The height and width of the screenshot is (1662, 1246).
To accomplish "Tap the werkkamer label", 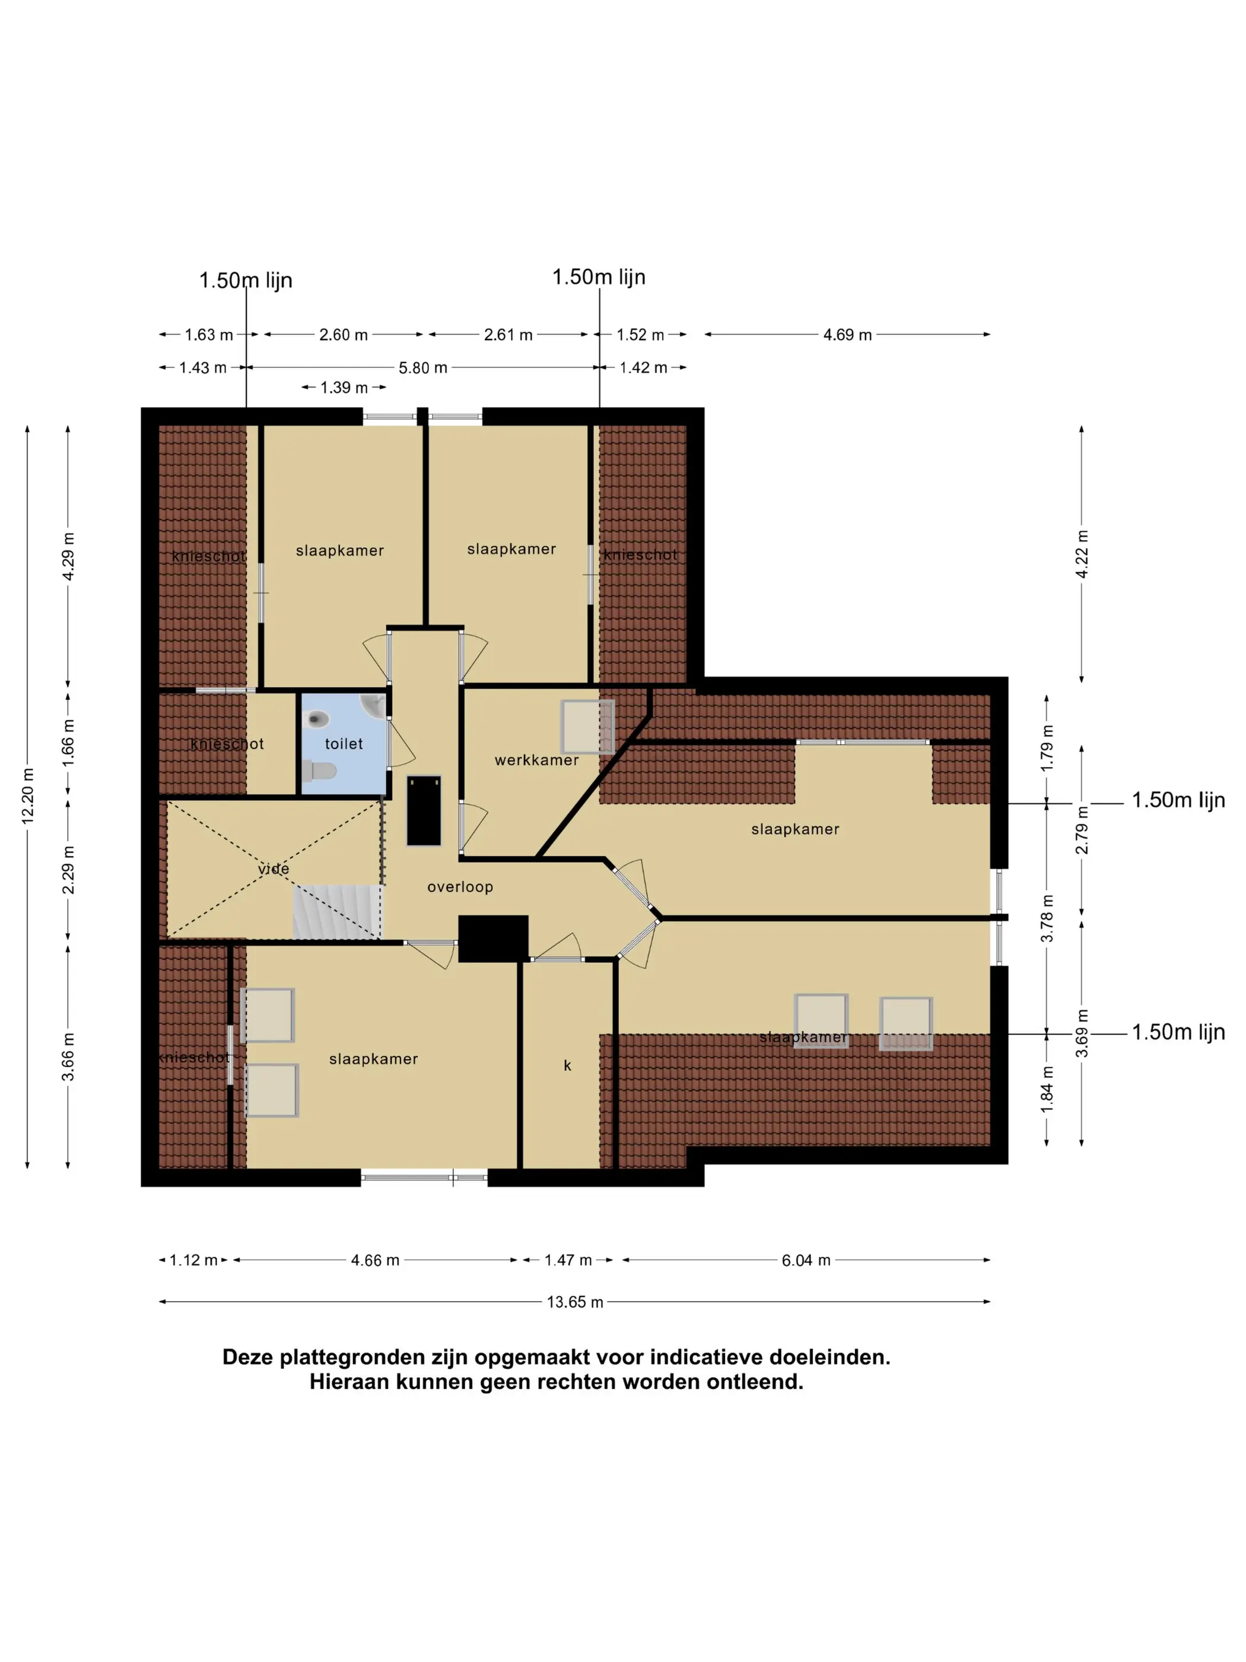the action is tap(536, 760).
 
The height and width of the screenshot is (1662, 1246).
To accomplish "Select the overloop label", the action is tap(460, 887).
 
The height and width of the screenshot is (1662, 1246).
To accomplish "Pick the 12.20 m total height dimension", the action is tap(28, 797).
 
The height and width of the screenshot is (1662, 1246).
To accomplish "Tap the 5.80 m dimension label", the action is tap(423, 368).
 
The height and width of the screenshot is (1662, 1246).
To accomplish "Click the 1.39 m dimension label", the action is tap(344, 388).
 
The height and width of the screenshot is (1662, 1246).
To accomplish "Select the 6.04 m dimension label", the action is tap(806, 1260).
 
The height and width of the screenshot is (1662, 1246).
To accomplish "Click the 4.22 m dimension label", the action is tap(1082, 554).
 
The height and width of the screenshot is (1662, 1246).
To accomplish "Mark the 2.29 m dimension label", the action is tap(68, 870).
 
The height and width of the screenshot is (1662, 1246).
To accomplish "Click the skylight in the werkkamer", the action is tap(587, 727).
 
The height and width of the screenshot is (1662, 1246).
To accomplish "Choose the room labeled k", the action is tap(567, 1065).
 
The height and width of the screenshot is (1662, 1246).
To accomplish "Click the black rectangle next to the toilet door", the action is tap(424, 811).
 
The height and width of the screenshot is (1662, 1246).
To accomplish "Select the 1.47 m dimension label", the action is tap(568, 1260).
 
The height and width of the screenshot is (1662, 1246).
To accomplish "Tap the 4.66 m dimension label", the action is tap(375, 1260).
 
